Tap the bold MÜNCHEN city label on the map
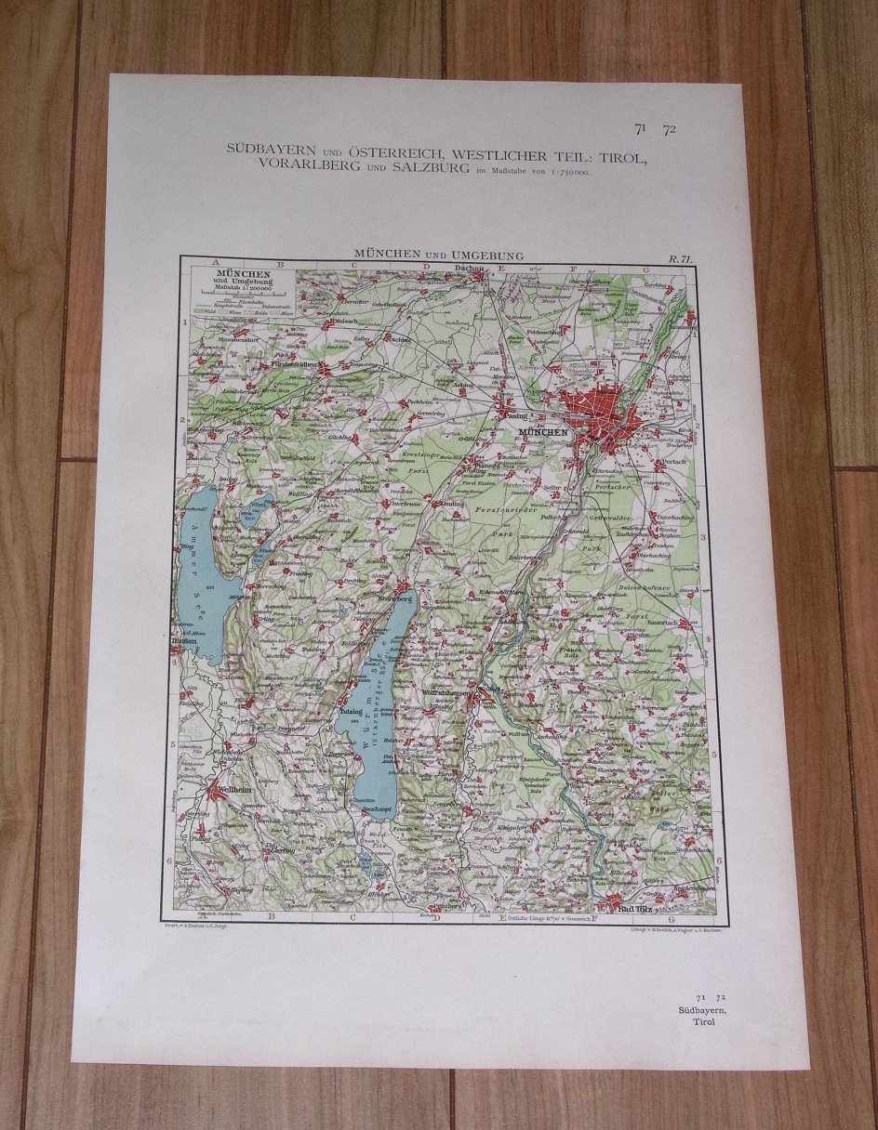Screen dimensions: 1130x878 coord(543,431)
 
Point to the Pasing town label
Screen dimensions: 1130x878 coord(514,416)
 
